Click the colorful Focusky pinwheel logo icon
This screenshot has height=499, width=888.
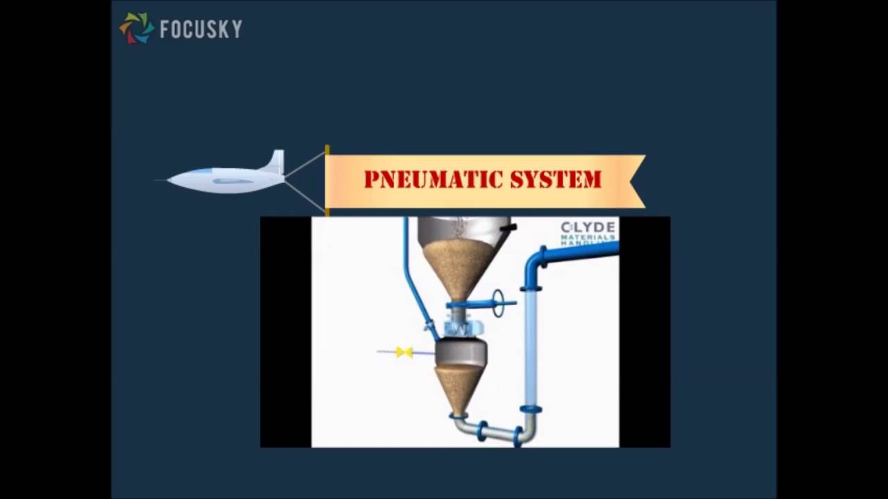click(x=137, y=28)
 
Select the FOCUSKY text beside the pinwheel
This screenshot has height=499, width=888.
click(x=200, y=29)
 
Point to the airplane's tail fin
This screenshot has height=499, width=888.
click(x=275, y=162)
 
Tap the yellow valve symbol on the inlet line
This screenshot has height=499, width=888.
click(x=404, y=352)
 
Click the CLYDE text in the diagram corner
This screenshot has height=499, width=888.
click(x=588, y=227)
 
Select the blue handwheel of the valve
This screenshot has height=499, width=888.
click(x=498, y=303)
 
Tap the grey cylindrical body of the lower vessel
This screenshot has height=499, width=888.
click(x=459, y=353)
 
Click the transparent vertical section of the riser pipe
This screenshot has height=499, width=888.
click(x=531, y=347)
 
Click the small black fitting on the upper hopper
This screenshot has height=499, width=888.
click(x=509, y=227)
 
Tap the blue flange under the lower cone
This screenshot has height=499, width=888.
click(x=457, y=416)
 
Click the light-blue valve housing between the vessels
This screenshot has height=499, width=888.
click(x=458, y=328)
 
